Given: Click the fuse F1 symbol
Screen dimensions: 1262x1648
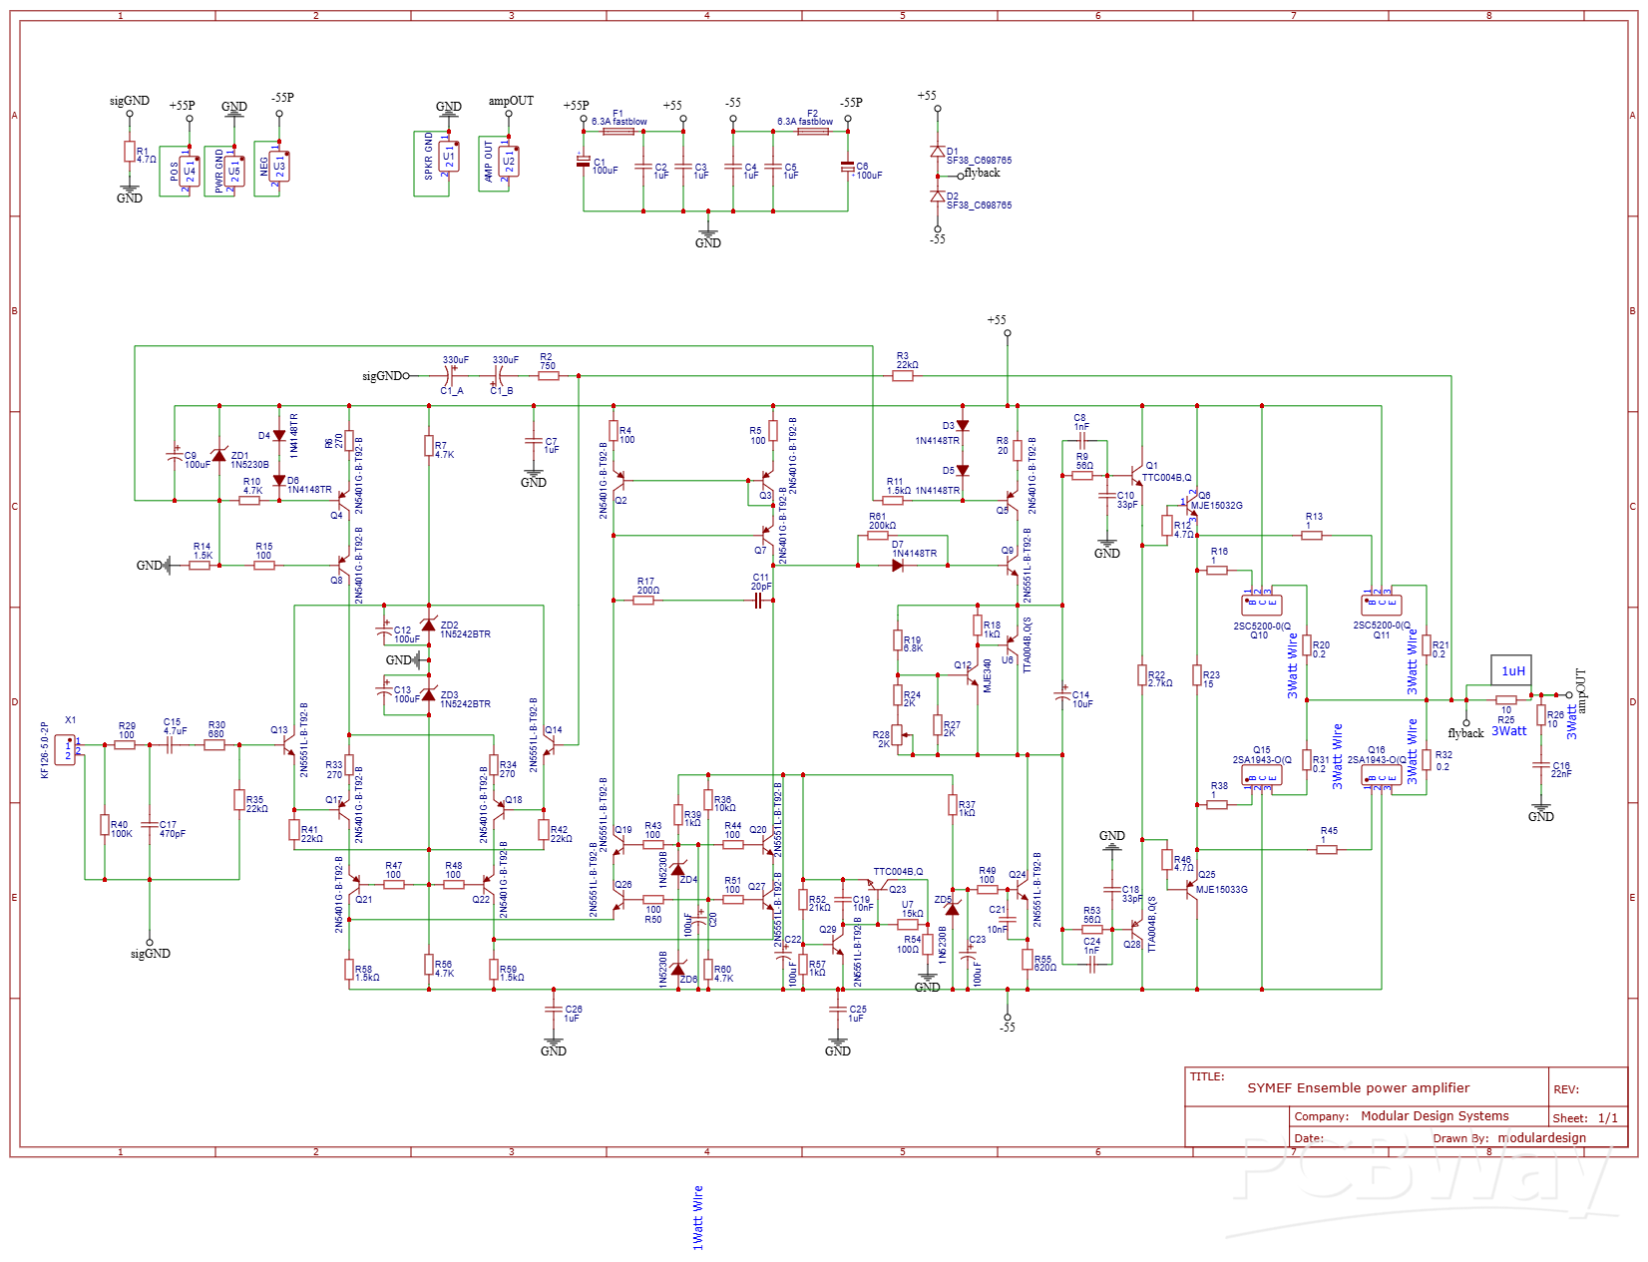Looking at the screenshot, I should coord(618,131).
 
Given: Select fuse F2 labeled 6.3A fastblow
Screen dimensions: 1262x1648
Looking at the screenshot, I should coord(812,131).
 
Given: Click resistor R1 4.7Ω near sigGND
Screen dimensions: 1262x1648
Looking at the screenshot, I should coord(129,152).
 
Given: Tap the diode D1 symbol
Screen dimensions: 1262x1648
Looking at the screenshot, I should coord(937,152).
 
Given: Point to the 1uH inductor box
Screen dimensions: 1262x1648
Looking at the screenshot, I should coord(1510,671).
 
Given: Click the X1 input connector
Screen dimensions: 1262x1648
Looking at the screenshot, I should coord(65,749).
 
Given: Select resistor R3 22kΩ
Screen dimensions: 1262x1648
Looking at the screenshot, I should coord(902,376).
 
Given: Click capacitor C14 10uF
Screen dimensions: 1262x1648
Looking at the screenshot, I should coord(1062,697).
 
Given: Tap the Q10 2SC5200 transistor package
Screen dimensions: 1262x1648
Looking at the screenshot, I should coord(1261,605).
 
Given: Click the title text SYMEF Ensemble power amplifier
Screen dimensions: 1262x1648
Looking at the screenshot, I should coord(1358,1087).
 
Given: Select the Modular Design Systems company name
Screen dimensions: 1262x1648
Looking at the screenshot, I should coord(1434,1116).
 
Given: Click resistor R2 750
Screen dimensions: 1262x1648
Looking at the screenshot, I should coord(548,376).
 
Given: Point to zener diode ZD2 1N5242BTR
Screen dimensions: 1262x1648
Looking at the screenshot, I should coord(429,626).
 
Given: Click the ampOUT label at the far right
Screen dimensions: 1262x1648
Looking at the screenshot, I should coord(1580,690).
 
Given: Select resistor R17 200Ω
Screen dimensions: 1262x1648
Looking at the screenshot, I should coord(643,601).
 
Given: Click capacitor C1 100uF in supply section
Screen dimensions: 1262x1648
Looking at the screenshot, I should coord(584,162).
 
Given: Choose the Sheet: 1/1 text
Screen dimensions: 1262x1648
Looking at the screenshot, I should coord(1584,1118).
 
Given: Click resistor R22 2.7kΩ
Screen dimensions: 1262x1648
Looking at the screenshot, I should coord(1142,675).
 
